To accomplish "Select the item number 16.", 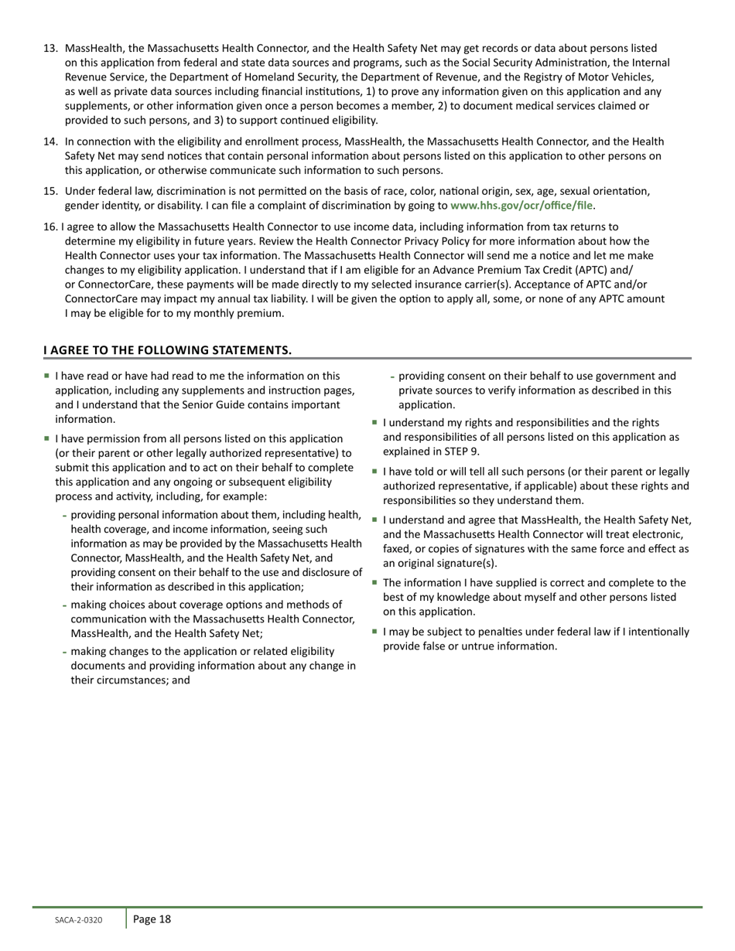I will click(50, 227).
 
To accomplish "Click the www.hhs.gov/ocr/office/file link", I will click(521, 206).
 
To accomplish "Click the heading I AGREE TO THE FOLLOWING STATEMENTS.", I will click(167, 350).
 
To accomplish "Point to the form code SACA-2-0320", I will click(78, 920).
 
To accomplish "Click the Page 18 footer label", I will click(152, 919).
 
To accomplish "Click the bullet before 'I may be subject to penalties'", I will click(374, 631).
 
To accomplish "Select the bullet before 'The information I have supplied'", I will click(374, 582).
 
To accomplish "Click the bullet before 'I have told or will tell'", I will click(374, 471).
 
